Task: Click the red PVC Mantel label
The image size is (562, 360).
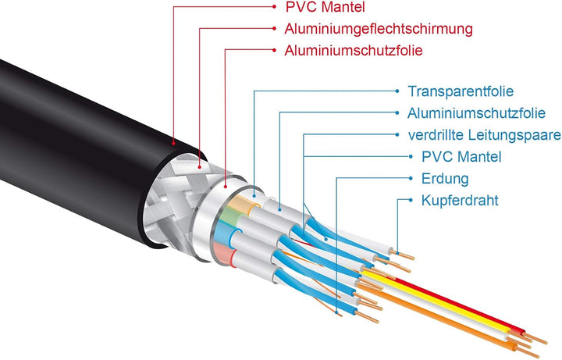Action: click(x=325, y=7)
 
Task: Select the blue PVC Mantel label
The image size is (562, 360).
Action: click(x=461, y=157)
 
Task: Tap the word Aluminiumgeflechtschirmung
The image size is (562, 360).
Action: click(x=379, y=29)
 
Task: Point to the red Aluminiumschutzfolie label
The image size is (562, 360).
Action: click(x=354, y=50)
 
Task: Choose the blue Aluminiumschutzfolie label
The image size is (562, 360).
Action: click(x=476, y=113)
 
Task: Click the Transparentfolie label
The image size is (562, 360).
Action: click(x=461, y=91)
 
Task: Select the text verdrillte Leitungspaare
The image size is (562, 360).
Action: click(x=485, y=135)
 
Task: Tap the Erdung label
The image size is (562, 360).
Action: click(x=445, y=179)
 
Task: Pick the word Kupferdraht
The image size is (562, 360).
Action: click(x=460, y=200)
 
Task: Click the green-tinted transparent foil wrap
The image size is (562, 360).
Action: click(x=229, y=216)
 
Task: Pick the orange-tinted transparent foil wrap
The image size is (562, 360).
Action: click(x=241, y=203)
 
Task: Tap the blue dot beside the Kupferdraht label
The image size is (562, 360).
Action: click(x=411, y=200)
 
